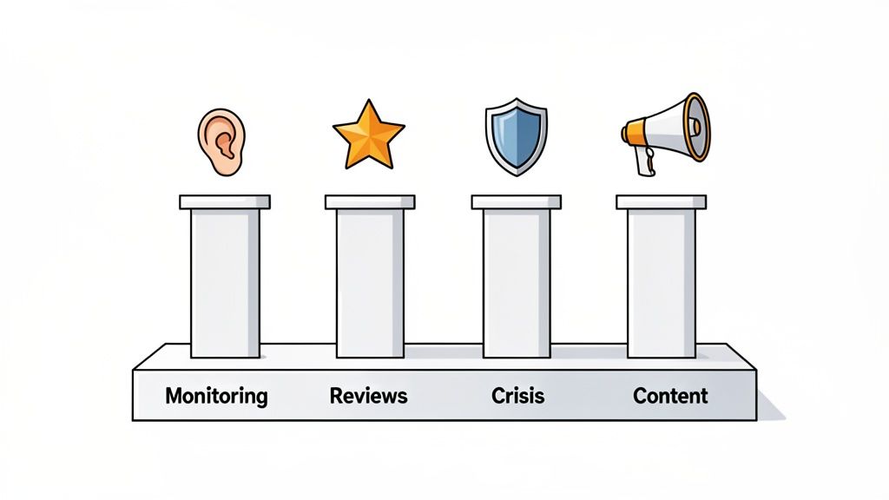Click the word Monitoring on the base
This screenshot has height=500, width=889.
click(x=216, y=396)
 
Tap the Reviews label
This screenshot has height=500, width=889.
click(x=368, y=396)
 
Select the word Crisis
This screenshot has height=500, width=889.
click(x=517, y=396)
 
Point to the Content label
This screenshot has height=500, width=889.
click(x=670, y=396)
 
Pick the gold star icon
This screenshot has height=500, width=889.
click(x=369, y=136)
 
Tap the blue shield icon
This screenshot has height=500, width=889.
click(x=516, y=137)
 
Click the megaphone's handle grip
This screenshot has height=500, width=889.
click(x=644, y=162)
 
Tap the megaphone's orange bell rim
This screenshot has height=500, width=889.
click(x=697, y=127)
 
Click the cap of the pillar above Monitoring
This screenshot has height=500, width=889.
click(x=225, y=202)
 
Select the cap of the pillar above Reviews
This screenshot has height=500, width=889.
click(x=370, y=202)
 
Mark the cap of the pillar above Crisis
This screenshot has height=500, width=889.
click(x=517, y=202)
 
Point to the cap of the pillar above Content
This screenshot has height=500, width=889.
click(x=661, y=202)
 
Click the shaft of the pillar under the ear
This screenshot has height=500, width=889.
click(x=225, y=282)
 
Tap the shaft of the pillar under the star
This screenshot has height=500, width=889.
click(x=370, y=282)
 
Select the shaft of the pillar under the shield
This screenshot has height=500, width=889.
click(x=517, y=282)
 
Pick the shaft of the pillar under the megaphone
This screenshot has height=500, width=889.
click(x=661, y=282)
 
